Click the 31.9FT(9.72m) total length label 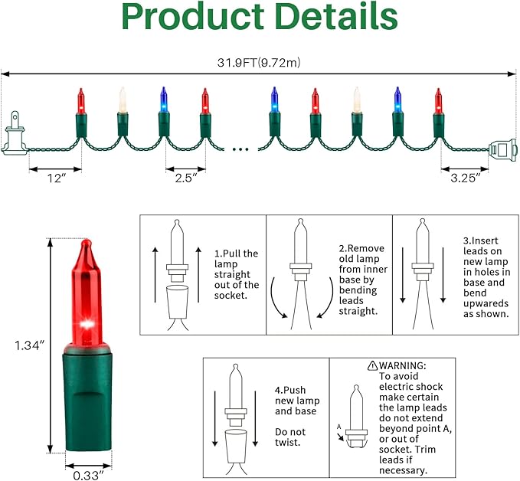[x=259, y=62]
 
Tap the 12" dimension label [x=57, y=178]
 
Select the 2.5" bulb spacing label [x=185, y=178]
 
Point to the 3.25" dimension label [x=465, y=178]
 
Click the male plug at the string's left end [x=13, y=133]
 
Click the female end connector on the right [x=503, y=149]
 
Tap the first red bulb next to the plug [x=81, y=113]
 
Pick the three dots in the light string [x=240, y=149]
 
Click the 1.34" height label [x=29, y=345]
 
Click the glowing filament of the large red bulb [x=87, y=323]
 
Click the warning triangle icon [x=372, y=365]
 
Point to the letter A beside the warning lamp [x=338, y=427]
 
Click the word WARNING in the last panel [x=403, y=365]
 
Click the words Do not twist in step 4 [x=289, y=437]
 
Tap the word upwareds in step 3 [x=486, y=303]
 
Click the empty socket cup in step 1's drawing [x=177, y=302]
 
